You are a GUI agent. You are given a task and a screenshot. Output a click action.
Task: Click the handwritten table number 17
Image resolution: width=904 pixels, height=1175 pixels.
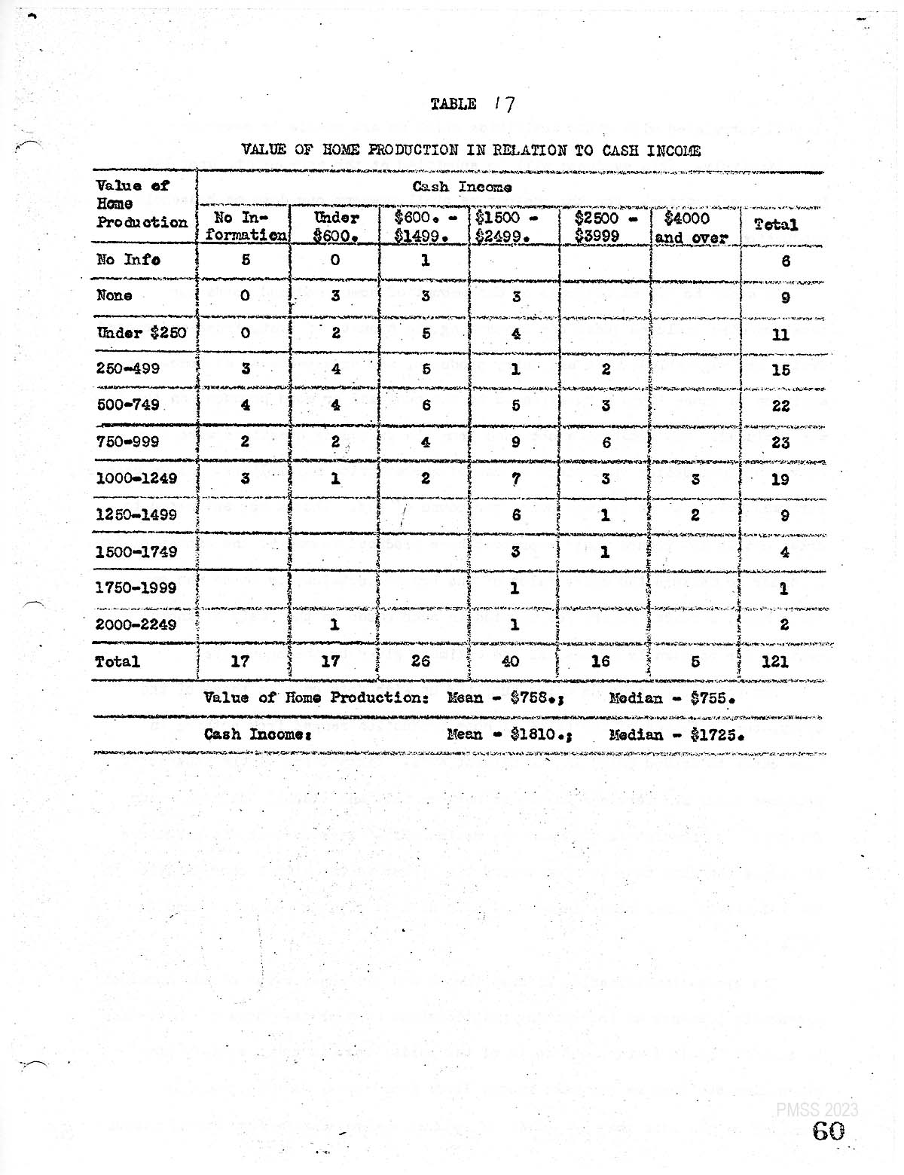tap(504, 103)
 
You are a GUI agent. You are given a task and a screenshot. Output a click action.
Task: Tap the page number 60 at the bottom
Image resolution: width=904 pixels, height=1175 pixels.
tap(828, 1131)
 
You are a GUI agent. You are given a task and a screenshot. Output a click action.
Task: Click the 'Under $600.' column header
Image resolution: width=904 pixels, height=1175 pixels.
tap(335, 226)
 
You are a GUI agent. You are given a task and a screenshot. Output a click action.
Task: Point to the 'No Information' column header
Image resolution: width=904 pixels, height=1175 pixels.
tap(245, 226)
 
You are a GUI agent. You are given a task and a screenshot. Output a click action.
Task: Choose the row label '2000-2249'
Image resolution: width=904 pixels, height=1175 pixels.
tap(136, 624)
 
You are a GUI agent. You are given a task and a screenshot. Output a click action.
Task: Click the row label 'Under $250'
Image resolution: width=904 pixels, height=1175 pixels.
tap(141, 333)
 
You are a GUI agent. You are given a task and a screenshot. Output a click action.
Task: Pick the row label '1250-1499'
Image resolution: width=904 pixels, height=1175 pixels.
tap(136, 514)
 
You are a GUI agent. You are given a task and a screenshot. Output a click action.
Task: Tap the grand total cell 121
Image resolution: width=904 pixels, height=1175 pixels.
tap(775, 661)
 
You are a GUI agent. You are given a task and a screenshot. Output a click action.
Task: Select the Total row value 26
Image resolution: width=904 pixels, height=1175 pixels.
tap(420, 661)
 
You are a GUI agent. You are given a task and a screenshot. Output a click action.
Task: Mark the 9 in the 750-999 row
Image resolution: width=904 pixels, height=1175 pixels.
tap(515, 441)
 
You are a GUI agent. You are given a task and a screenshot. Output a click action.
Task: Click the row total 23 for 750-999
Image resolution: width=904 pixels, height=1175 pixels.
tap(780, 441)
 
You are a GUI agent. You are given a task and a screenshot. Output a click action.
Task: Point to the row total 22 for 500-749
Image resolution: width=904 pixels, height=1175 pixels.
tap(780, 405)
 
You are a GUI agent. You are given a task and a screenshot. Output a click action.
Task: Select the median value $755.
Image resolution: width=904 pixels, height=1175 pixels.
tap(711, 697)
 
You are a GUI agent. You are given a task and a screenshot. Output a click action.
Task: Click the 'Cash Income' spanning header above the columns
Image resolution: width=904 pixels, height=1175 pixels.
tap(462, 187)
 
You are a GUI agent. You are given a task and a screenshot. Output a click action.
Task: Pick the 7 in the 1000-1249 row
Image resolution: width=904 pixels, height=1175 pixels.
tap(515, 478)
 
